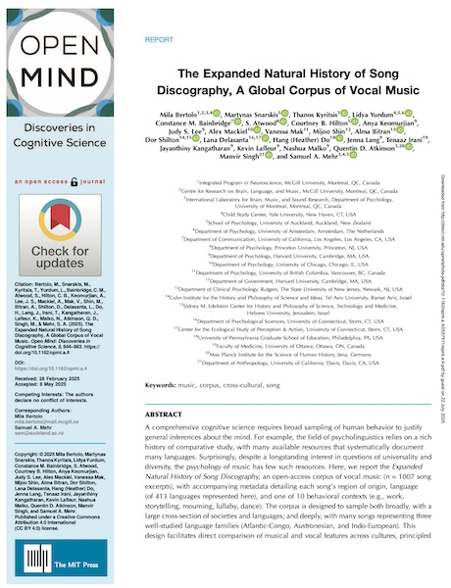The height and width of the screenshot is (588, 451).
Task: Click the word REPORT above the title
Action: coord(159,42)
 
